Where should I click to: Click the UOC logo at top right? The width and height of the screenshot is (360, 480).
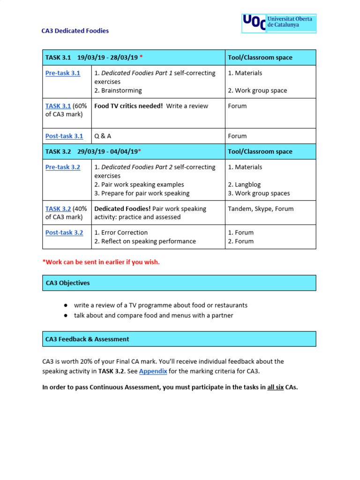click(x=278, y=23)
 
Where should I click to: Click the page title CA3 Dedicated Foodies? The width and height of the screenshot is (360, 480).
click(x=75, y=31)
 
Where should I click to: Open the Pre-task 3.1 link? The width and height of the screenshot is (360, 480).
click(x=62, y=73)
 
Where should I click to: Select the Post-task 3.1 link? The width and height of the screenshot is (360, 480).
click(x=64, y=136)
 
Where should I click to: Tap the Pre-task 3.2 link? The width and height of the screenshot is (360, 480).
click(x=62, y=167)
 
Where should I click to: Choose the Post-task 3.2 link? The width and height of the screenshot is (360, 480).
click(x=64, y=232)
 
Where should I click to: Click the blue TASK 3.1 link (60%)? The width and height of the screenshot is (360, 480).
click(x=58, y=106)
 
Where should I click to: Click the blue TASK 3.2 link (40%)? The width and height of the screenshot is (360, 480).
click(x=58, y=209)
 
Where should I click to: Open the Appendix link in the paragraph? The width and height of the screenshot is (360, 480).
click(x=153, y=371)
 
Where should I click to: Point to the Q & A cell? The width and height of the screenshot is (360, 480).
click(x=103, y=136)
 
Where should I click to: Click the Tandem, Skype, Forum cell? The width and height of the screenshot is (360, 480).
click(x=261, y=209)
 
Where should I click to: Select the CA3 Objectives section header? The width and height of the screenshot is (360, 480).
click(x=67, y=283)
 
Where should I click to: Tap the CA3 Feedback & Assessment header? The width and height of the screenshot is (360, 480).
click(x=87, y=339)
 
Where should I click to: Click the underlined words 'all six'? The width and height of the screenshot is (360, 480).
click(x=275, y=388)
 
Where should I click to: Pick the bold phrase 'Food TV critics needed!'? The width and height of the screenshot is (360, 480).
click(x=128, y=106)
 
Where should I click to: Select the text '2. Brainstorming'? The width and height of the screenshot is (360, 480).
click(x=118, y=90)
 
